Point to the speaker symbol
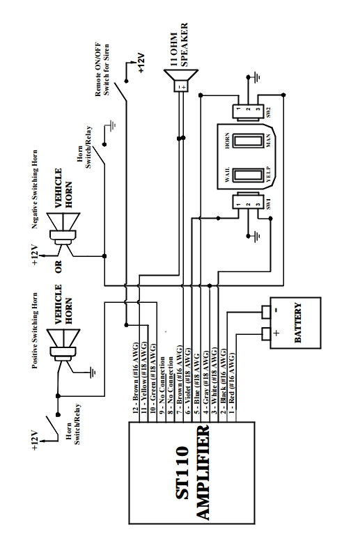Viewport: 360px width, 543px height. click(180, 82)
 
